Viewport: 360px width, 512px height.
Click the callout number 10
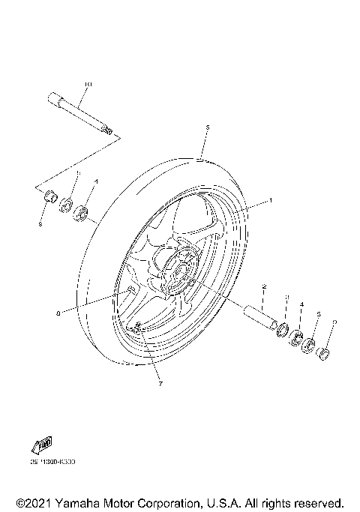point(87,83)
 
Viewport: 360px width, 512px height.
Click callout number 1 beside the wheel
point(271,201)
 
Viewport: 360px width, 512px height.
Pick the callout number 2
point(264,287)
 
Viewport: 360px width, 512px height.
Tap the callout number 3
point(285,298)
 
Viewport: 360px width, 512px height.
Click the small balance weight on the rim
point(128,289)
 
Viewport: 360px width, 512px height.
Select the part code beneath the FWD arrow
point(53,463)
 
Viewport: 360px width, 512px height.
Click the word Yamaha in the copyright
point(78,502)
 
